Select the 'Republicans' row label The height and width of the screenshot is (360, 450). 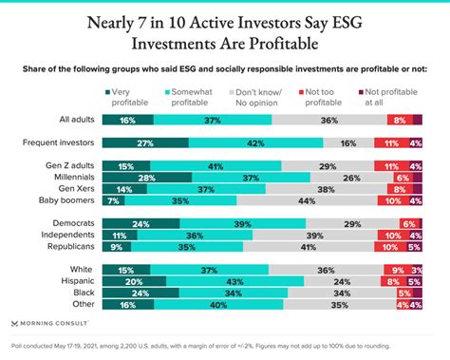[67, 246]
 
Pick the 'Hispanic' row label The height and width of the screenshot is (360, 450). [75, 281]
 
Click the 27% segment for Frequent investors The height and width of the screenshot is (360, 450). [144, 142]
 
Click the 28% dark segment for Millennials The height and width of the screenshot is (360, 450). [146, 177]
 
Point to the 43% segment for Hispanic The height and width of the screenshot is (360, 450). [236, 281]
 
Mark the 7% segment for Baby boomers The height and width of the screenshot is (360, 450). [113, 200]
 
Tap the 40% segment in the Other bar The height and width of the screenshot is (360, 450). [218, 305]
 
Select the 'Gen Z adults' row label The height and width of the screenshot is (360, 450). [68, 165]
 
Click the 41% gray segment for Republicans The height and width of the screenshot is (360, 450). [309, 246]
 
